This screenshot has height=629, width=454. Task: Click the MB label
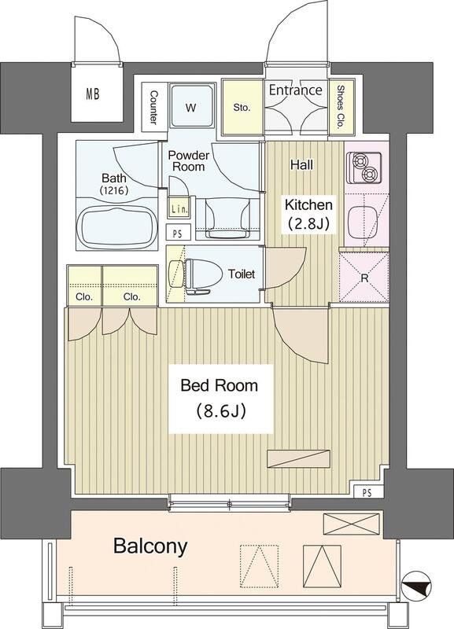[x=93, y=94]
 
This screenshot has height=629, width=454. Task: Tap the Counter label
[x=153, y=107]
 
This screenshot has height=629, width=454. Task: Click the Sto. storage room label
[x=242, y=108]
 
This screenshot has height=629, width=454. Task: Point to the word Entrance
[x=295, y=90]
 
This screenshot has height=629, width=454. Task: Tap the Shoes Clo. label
[x=341, y=107]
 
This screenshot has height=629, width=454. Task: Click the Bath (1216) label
[x=114, y=184]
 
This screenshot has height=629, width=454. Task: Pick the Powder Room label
[x=188, y=160]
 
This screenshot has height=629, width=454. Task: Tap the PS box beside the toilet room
[x=177, y=233]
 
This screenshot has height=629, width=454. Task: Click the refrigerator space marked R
[x=364, y=278]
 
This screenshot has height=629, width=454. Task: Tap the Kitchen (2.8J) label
[x=308, y=215]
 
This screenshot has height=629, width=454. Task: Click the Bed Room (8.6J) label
[x=220, y=399]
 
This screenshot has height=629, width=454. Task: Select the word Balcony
[x=150, y=546]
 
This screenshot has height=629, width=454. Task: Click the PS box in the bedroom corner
[x=367, y=493]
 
